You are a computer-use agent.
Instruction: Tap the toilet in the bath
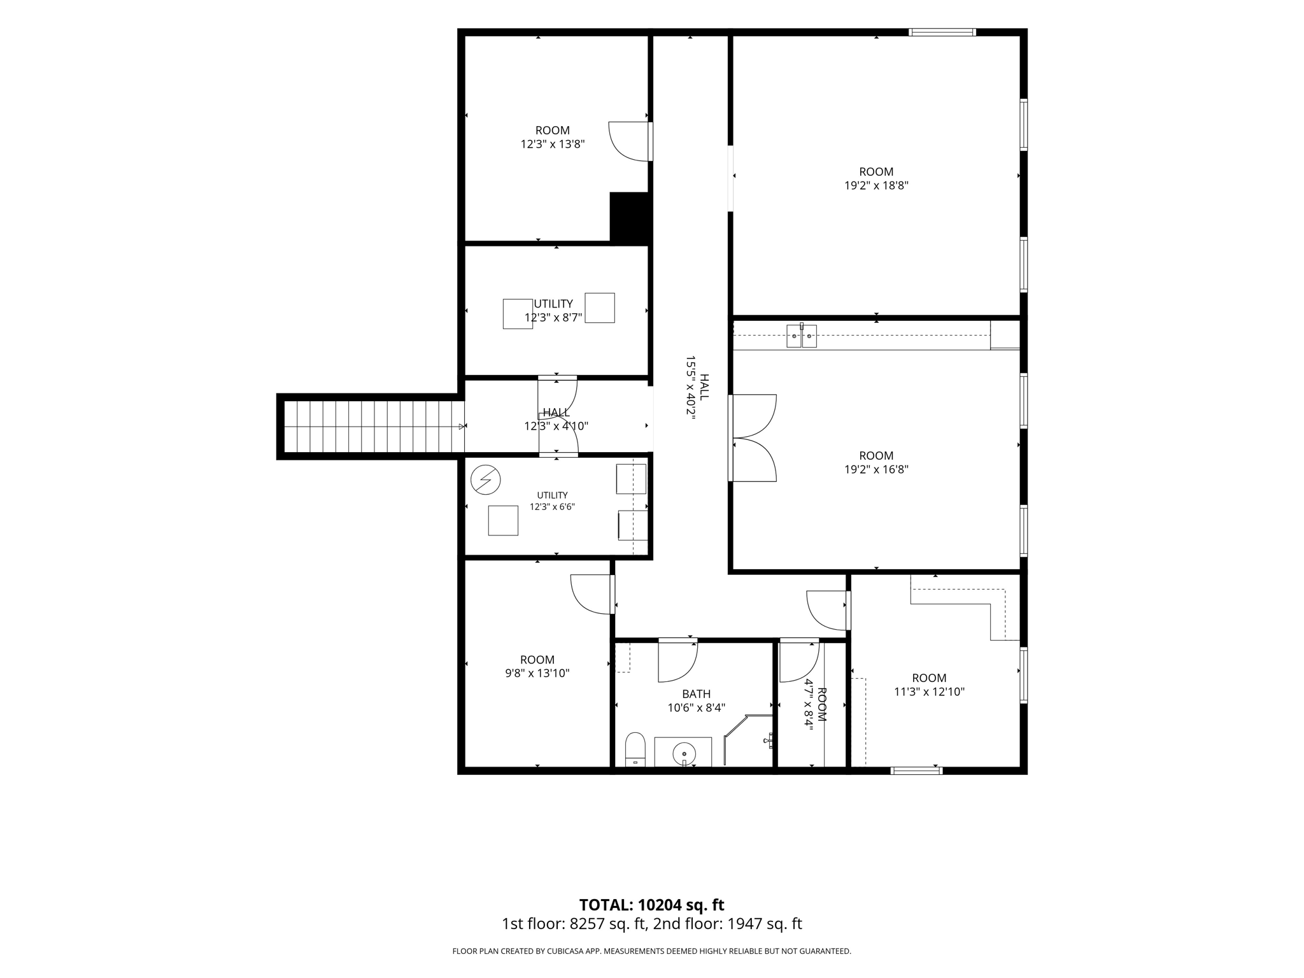pos(635,749)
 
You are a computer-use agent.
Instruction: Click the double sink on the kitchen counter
pos(802,336)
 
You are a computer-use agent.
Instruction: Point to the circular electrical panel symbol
pos(486,479)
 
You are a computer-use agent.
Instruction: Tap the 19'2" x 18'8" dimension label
pos(876,186)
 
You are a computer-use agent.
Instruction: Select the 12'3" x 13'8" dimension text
pos(553,145)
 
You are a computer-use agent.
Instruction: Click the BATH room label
pos(696,694)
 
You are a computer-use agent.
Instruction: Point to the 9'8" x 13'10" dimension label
pos(537,673)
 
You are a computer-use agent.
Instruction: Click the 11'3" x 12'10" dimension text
pos(930,691)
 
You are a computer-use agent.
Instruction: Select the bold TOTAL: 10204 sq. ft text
pos(651,905)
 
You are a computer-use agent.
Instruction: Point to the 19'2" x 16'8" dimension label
pos(876,470)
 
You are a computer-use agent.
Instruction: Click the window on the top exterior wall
pos(942,32)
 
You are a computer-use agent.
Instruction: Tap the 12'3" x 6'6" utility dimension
pos(553,507)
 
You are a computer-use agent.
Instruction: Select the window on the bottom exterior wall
pos(916,770)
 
